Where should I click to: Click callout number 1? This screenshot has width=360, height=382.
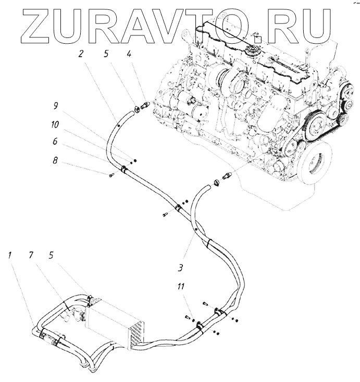point(10,254)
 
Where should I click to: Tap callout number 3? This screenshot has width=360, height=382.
point(179,269)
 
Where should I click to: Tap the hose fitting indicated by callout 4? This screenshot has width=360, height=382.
point(145,106)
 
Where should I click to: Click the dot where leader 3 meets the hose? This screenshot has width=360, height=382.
point(195,228)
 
